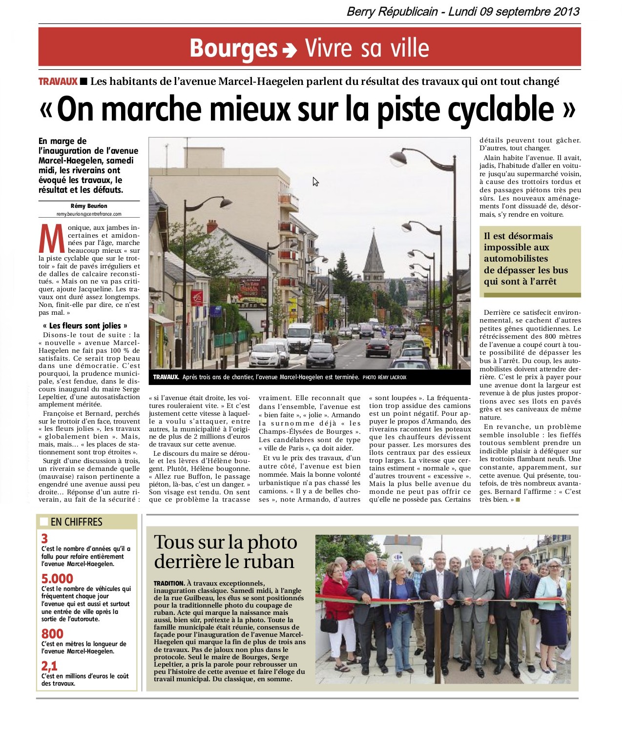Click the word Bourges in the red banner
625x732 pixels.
point(233,48)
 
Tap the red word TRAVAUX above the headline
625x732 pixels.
point(58,81)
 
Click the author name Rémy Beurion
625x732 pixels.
point(89,206)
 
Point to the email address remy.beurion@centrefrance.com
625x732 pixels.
point(89,214)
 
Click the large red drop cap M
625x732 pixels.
point(52,239)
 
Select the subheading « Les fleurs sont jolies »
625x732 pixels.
point(85,325)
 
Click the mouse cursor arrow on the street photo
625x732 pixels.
point(315,182)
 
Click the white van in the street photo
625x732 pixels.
point(299,337)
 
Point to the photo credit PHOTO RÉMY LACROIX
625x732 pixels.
point(384,377)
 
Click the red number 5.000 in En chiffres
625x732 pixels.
point(57,579)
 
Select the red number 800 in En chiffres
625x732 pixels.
point(52,634)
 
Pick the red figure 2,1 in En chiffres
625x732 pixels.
point(49,666)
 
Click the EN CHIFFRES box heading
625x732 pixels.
point(76,522)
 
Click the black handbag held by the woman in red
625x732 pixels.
point(329,625)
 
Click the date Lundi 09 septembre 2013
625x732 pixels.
point(514,12)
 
